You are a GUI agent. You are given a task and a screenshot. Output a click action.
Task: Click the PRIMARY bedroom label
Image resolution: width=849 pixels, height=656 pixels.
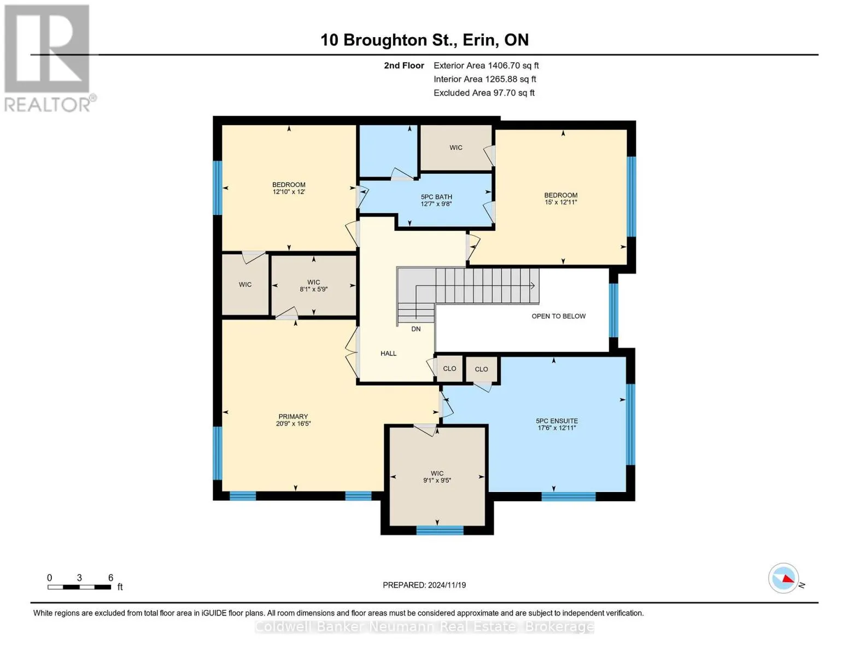293,417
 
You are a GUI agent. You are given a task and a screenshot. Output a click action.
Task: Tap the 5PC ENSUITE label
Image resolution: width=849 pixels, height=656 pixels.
557,421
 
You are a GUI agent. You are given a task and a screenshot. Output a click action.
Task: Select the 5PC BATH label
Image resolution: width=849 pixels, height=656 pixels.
436,197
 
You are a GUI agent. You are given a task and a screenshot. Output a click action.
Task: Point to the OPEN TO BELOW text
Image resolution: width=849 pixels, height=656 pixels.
558,316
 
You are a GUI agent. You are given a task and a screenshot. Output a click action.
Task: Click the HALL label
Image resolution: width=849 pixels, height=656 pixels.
388,354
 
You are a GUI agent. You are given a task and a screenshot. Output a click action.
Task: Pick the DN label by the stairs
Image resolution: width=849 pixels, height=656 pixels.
416,329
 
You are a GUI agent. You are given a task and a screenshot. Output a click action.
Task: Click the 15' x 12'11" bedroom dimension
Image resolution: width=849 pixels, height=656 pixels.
560,202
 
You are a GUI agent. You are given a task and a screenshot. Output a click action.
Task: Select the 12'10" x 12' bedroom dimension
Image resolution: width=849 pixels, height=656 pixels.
289,192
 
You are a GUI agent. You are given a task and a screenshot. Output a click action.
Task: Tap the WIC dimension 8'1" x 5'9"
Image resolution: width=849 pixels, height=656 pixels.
313,289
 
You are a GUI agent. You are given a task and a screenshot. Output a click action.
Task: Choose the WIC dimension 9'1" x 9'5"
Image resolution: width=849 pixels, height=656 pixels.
437,481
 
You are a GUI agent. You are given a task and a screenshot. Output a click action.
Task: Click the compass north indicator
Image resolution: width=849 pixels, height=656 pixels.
784,578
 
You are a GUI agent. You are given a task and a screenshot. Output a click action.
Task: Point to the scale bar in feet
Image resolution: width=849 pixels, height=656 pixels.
79,587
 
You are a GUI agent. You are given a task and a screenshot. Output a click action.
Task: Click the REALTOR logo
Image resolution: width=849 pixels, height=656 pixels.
48,57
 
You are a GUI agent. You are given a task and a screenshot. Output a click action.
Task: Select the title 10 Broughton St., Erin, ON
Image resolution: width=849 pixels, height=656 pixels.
424,40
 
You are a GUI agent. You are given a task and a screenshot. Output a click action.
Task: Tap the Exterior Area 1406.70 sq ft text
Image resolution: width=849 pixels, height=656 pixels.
486,66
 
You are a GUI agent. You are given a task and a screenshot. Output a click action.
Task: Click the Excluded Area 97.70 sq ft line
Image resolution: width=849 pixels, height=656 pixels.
484,93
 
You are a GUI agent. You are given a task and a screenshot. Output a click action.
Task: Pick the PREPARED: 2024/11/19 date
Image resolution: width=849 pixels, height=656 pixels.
424,585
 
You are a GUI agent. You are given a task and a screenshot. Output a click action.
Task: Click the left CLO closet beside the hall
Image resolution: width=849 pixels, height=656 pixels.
449,369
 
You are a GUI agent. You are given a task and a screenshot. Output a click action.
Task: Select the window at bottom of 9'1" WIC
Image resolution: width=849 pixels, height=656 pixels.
440,530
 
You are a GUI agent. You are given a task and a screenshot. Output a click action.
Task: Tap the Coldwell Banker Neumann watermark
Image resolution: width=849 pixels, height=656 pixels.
424,626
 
